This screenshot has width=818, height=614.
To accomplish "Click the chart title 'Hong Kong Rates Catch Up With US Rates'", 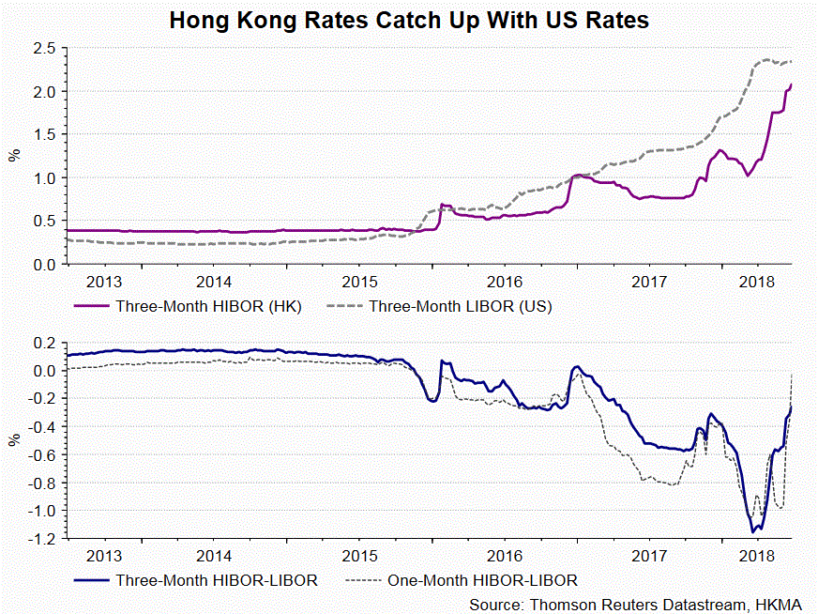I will (409, 19).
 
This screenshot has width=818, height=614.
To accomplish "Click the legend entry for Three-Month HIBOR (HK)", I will (207, 306).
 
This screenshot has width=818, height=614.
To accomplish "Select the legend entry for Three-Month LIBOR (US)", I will (460, 306).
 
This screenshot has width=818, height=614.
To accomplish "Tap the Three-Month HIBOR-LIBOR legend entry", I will (217, 580).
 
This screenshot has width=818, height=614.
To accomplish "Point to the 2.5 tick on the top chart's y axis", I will (45, 49).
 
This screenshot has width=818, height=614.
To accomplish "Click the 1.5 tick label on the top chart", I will (45, 135).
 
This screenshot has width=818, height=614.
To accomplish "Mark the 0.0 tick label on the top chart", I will (45, 265).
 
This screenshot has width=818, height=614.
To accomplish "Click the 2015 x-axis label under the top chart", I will (359, 282).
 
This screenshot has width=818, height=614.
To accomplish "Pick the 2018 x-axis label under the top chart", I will (755, 282).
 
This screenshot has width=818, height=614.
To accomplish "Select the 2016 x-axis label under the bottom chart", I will (505, 556).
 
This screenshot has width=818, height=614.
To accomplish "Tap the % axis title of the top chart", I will (14, 156).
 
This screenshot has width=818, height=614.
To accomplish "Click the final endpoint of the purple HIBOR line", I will (792, 84).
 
